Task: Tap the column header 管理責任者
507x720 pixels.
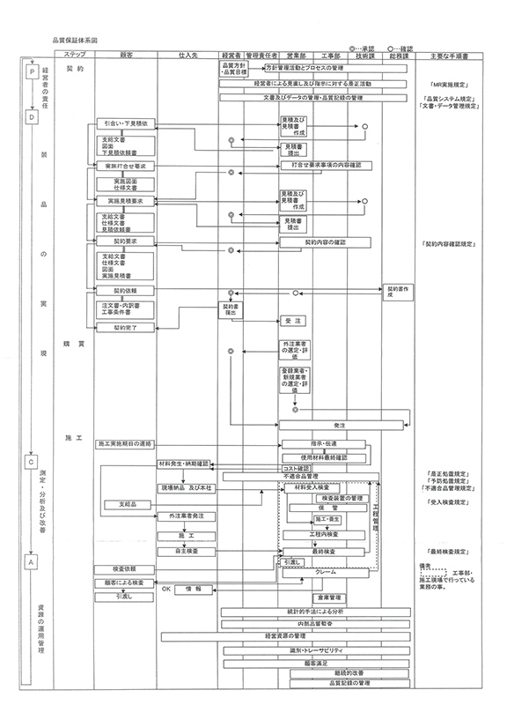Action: coord(261,55)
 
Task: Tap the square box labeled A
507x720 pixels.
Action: coord(33,560)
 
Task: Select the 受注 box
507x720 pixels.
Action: coord(293,321)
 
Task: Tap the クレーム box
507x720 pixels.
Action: coord(331,572)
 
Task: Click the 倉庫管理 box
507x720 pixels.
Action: coord(327,597)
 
